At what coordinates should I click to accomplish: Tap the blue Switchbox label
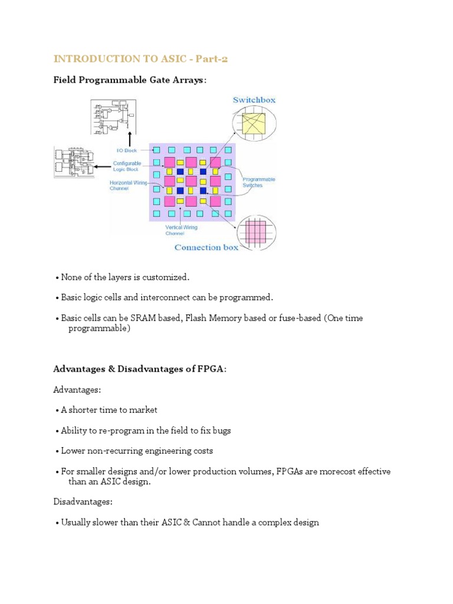[x=254, y=100]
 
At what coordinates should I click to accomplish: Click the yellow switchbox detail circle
[x=251, y=126]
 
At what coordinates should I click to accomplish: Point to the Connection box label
[x=206, y=247]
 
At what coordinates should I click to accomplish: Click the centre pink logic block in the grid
[x=191, y=181]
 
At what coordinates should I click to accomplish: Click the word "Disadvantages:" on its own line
[x=83, y=502]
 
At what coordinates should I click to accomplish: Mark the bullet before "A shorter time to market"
[x=57, y=410]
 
